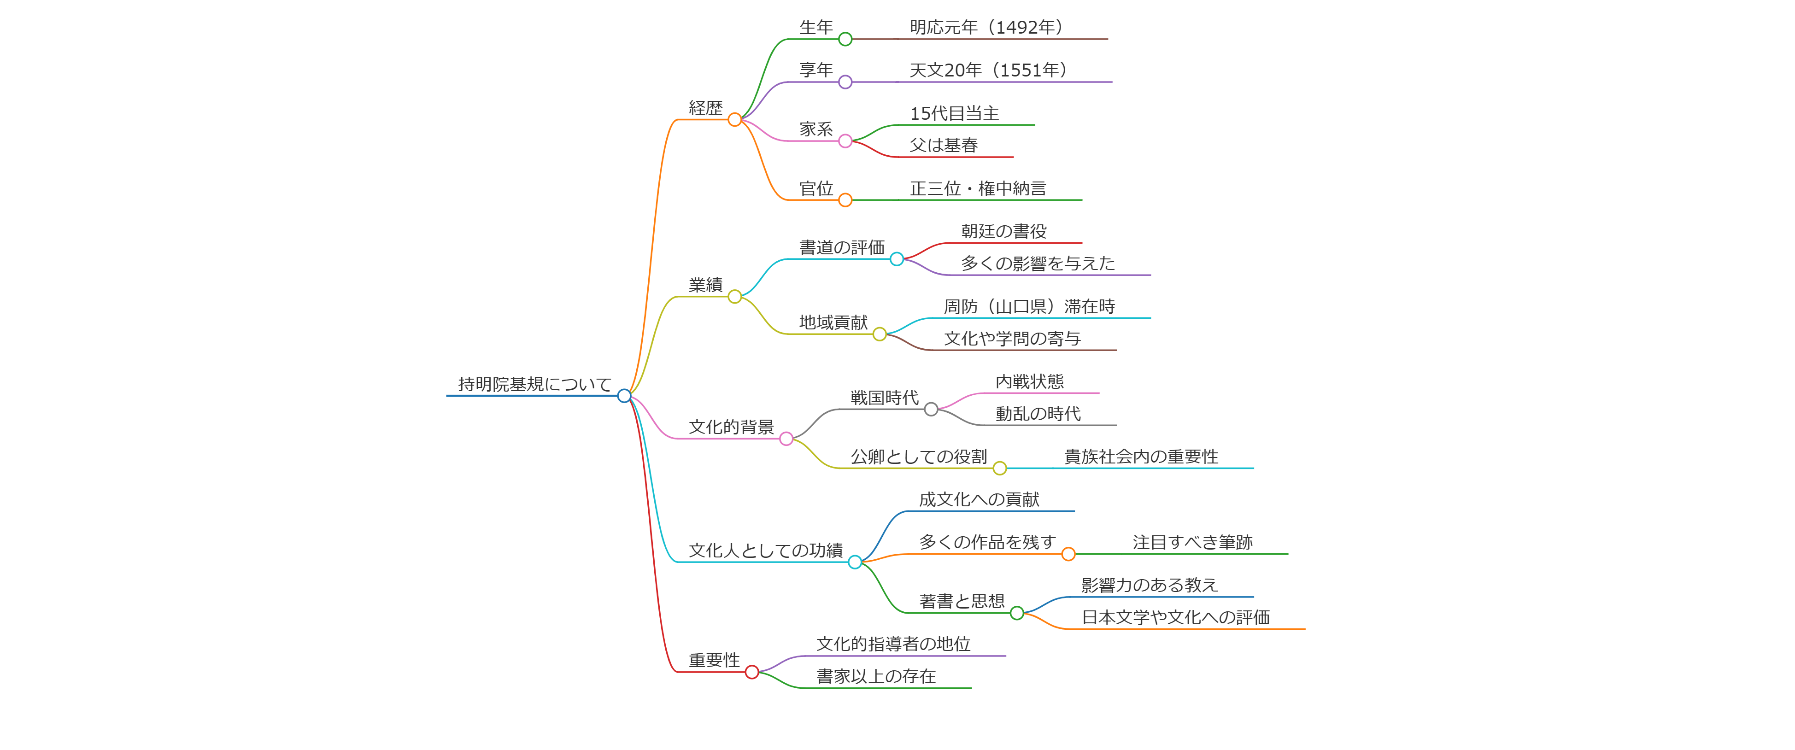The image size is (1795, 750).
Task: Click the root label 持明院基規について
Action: pos(534,384)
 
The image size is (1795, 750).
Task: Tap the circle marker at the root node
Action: pos(624,396)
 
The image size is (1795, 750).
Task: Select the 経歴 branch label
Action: pos(705,108)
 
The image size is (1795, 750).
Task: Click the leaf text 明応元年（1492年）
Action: pos(985,27)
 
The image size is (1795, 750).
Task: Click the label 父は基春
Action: pos(944,145)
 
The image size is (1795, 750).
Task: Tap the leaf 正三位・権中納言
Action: pos(978,188)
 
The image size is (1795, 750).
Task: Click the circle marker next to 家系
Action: pos(845,141)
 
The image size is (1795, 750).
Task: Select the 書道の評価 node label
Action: pos(842,247)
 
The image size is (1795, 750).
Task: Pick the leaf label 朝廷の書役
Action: pos(1003,231)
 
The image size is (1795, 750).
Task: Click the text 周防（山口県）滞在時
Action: pos(1029,307)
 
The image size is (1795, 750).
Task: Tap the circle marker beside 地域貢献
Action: pos(880,334)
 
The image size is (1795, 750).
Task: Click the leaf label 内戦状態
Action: pos(1029,382)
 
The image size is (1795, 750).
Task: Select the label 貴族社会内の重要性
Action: pos(1141,457)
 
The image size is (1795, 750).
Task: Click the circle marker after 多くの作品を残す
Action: pos(1068,554)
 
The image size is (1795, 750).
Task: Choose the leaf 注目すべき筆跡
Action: pos(1192,542)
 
